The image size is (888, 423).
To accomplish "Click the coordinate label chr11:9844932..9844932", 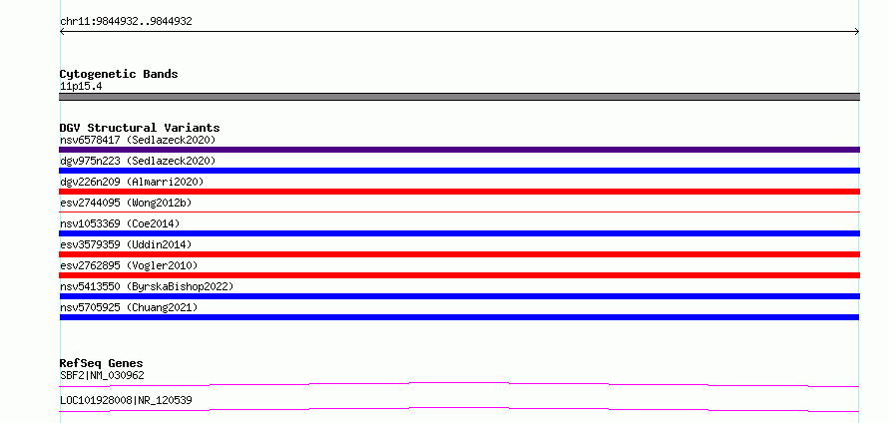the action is click(126, 22).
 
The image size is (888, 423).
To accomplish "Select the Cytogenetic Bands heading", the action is click(119, 74).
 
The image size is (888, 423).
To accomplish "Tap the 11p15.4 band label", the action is click(81, 87).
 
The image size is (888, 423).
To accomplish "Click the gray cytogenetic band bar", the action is click(459, 97).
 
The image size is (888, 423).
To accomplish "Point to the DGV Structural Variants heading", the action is click(140, 128).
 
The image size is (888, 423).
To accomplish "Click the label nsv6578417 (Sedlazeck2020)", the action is click(138, 140).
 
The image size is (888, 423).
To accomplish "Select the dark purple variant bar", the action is click(459, 150).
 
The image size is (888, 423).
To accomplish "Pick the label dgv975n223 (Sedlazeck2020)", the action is click(138, 161).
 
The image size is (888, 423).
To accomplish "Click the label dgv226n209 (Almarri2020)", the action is click(132, 182).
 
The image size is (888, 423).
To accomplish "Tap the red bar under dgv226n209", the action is click(459, 192).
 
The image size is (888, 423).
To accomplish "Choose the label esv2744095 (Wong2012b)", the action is click(129, 203).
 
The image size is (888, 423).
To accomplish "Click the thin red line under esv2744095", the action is click(459, 211).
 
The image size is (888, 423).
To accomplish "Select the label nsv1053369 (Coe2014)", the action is click(120, 223).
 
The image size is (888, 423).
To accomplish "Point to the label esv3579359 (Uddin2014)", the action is click(126, 244).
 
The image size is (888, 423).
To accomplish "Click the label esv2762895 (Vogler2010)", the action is click(129, 265).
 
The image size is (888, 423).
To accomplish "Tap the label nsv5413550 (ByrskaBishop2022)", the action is click(147, 286).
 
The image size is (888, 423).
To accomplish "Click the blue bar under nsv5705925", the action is click(459, 317).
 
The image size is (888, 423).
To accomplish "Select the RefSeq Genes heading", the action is click(102, 363).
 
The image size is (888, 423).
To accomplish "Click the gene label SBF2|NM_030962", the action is click(102, 375).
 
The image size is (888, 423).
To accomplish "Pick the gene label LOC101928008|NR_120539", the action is click(126, 400).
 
